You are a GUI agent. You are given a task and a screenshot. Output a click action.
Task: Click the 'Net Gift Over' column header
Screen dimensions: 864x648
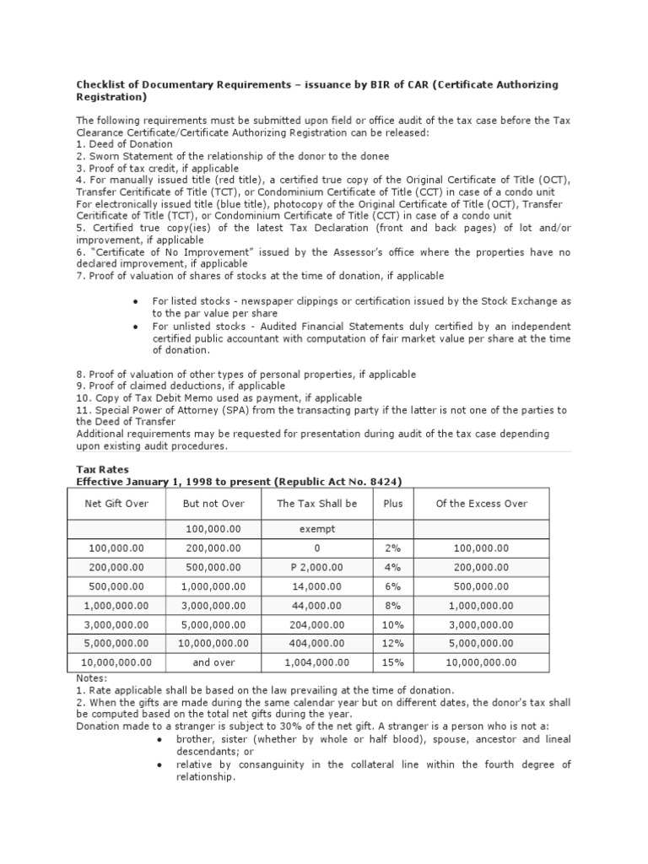click(x=117, y=504)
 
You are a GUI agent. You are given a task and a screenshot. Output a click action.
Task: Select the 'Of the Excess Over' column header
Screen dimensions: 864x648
click(x=481, y=504)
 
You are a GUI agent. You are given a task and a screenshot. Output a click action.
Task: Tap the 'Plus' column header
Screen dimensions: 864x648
click(x=392, y=504)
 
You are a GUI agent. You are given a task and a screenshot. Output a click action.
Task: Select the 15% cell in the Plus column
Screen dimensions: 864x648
click(x=392, y=662)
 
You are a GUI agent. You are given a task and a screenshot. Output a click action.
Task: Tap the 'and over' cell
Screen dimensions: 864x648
click(x=213, y=662)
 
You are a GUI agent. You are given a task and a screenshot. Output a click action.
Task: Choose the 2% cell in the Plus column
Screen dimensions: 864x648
click(x=392, y=548)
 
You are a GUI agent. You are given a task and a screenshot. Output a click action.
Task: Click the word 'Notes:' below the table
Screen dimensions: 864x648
click(x=91, y=678)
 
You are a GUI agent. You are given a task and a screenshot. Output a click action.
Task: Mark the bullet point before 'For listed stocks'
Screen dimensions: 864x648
click(x=136, y=301)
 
